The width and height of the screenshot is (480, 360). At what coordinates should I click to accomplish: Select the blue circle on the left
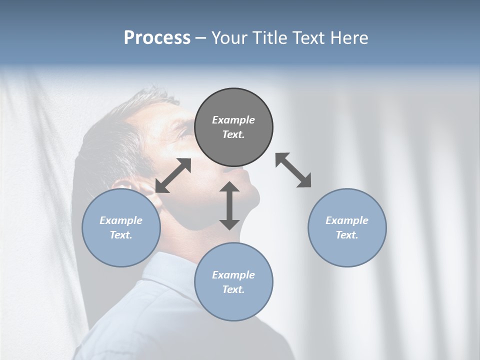(x=121, y=227)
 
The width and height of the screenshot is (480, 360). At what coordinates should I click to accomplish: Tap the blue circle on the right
(x=347, y=227)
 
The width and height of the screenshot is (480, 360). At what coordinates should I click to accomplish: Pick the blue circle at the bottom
(x=233, y=282)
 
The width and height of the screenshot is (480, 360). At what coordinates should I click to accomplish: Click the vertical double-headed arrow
(x=229, y=205)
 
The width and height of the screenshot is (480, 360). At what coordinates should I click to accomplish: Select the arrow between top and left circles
(x=173, y=175)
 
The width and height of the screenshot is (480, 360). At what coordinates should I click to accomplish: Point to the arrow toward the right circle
(x=293, y=170)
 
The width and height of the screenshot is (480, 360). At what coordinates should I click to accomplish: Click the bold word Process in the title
(x=157, y=38)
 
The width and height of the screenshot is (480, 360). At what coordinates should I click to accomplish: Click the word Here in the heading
(x=350, y=38)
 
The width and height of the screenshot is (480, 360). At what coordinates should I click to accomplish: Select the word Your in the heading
(x=228, y=38)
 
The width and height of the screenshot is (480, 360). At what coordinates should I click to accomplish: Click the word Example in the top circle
(x=233, y=120)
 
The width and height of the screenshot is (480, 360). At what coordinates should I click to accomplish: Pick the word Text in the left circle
(x=121, y=235)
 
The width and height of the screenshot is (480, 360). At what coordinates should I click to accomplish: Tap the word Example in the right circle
(x=347, y=220)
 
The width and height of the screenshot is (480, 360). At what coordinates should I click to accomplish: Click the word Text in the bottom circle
(x=233, y=289)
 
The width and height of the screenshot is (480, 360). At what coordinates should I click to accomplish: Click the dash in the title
(x=201, y=38)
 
